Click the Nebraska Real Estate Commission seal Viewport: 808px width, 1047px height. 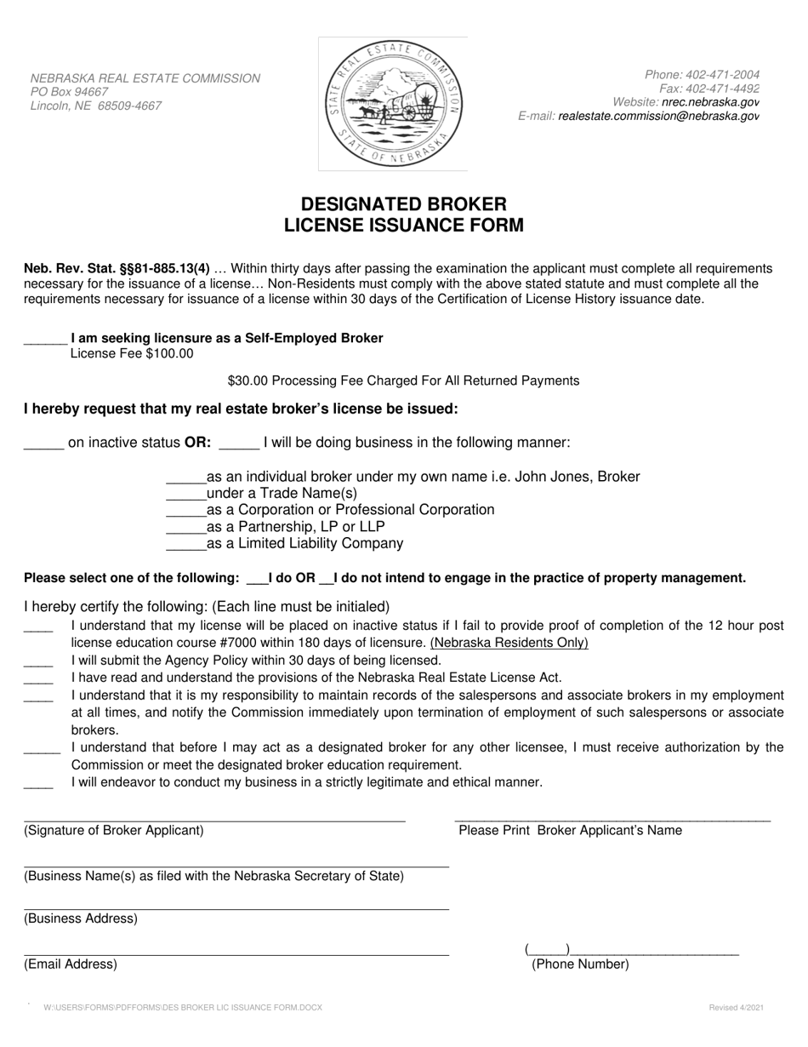point(393,104)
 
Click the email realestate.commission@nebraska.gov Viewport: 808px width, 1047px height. point(658,117)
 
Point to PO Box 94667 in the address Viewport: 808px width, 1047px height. point(70,92)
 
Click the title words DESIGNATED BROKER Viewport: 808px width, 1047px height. point(403,204)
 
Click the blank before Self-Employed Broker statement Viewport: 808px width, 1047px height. point(45,339)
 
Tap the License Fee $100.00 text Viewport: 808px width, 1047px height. point(132,353)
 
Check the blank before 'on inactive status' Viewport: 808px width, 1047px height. point(43,443)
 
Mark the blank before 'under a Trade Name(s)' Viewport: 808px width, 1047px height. point(185,494)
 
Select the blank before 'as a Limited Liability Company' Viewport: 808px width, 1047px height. point(185,544)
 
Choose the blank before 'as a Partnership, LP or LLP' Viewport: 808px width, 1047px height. point(185,527)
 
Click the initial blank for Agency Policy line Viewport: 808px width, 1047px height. point(38,661)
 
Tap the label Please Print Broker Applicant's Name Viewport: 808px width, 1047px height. point(570,831)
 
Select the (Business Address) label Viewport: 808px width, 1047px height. point(81,918)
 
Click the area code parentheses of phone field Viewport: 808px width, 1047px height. point(547,949)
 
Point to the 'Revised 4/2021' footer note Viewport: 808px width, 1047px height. point(736,1008)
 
